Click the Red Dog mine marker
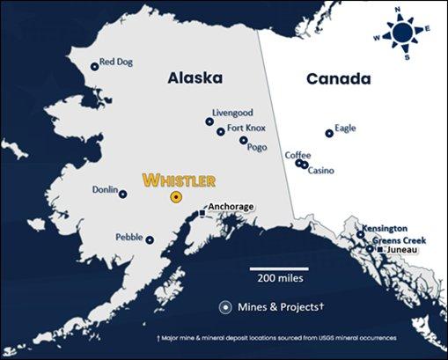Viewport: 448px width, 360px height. (94, 66)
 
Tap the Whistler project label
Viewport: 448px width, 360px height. (179, 180)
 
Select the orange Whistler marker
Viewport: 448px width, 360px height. (177, 197)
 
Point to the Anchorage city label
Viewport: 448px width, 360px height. (231, 207)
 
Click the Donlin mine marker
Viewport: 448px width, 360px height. (123, 194)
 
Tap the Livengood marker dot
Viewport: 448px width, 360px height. (209, 121)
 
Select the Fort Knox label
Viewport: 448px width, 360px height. (247, 128)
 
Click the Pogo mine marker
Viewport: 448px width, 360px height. (244, 139)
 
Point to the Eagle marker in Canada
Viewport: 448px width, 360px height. (329, 133)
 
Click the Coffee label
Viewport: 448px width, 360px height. (297, 155)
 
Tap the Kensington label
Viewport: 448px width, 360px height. (390, 228)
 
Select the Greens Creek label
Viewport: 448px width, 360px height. (400, 240)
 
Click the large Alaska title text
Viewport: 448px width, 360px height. (195, 79)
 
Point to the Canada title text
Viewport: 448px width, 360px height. (338, 79)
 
